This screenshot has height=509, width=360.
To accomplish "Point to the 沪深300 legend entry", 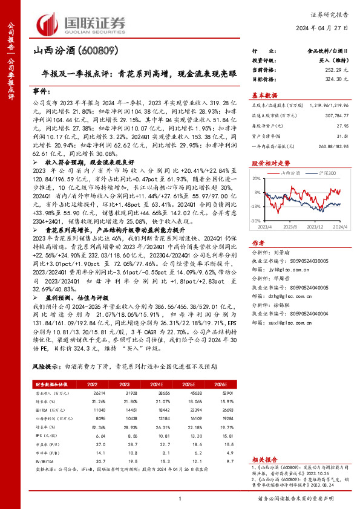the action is coord(327,173).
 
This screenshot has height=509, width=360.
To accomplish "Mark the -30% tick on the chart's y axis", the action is coord(257,221).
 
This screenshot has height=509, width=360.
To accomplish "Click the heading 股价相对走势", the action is coord(266,163).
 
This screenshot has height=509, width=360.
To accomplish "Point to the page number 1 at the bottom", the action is coord(180,498).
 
